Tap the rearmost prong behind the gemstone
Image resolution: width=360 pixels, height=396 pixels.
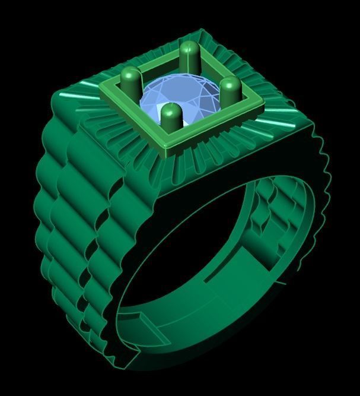pyautogui.click(x=190, y=55)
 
